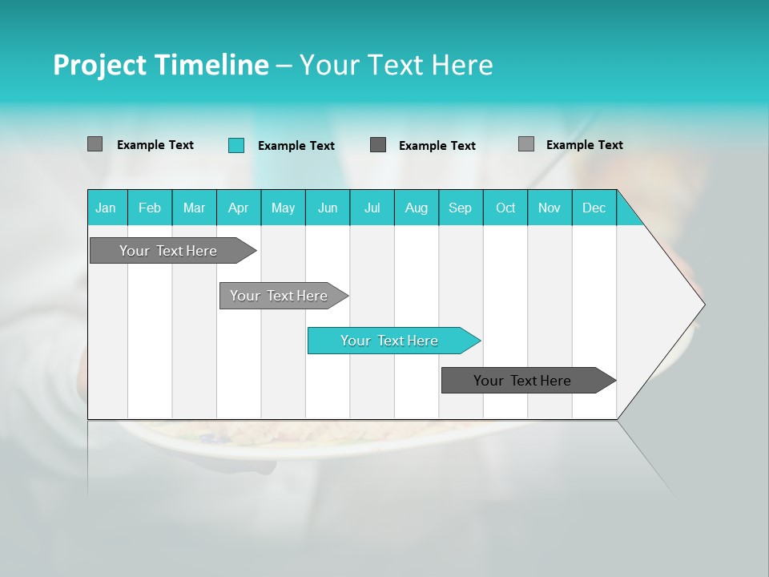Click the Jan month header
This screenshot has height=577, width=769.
click(106, 208)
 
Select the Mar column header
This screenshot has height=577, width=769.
click(194, 208)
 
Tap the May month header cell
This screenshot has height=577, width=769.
click(283, 208)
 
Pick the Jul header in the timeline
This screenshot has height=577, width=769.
click(372, 208)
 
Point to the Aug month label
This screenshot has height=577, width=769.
click(417, 208)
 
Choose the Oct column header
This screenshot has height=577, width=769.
click(505, 208)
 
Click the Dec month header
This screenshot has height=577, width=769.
click(594, 208)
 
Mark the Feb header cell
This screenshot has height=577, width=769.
click(150, 208)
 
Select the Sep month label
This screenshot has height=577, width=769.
click(461, 208)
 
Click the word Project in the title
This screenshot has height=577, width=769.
click(98, 65)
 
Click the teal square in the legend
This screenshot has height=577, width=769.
click(236, 145)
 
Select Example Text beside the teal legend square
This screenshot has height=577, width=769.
click(296, 146)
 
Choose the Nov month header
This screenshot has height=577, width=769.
click(550, 208)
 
